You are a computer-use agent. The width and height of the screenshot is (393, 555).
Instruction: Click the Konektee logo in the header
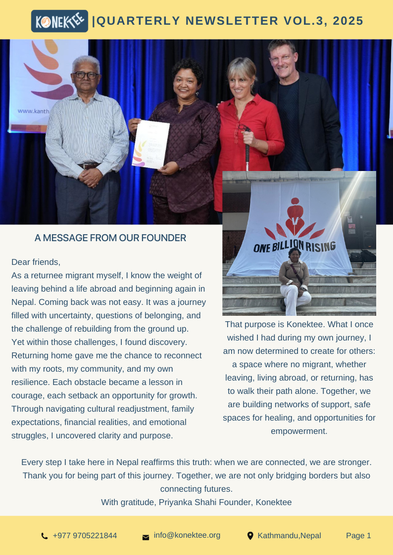tap(59, 21)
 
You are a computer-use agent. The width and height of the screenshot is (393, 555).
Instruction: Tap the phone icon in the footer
tap(45, 536)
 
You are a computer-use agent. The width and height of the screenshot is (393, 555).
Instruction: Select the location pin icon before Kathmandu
tap(250, 536)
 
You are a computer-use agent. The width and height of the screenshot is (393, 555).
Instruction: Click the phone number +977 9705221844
tap(85, 536)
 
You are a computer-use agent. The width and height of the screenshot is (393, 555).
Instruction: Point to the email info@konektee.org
tap(187, 535)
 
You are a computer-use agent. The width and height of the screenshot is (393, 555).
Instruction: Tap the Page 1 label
tap(358, 536)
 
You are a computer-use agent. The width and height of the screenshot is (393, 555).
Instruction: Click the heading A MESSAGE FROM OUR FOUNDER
tap(110, 238)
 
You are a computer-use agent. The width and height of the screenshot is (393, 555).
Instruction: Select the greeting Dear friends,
tap(36, 261)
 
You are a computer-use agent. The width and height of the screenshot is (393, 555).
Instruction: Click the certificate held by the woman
tap(150, 143)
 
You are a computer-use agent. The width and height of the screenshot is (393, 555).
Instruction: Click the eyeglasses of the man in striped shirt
tap(85, 75)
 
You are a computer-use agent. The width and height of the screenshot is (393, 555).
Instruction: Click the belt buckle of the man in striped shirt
tap(89, 166)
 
